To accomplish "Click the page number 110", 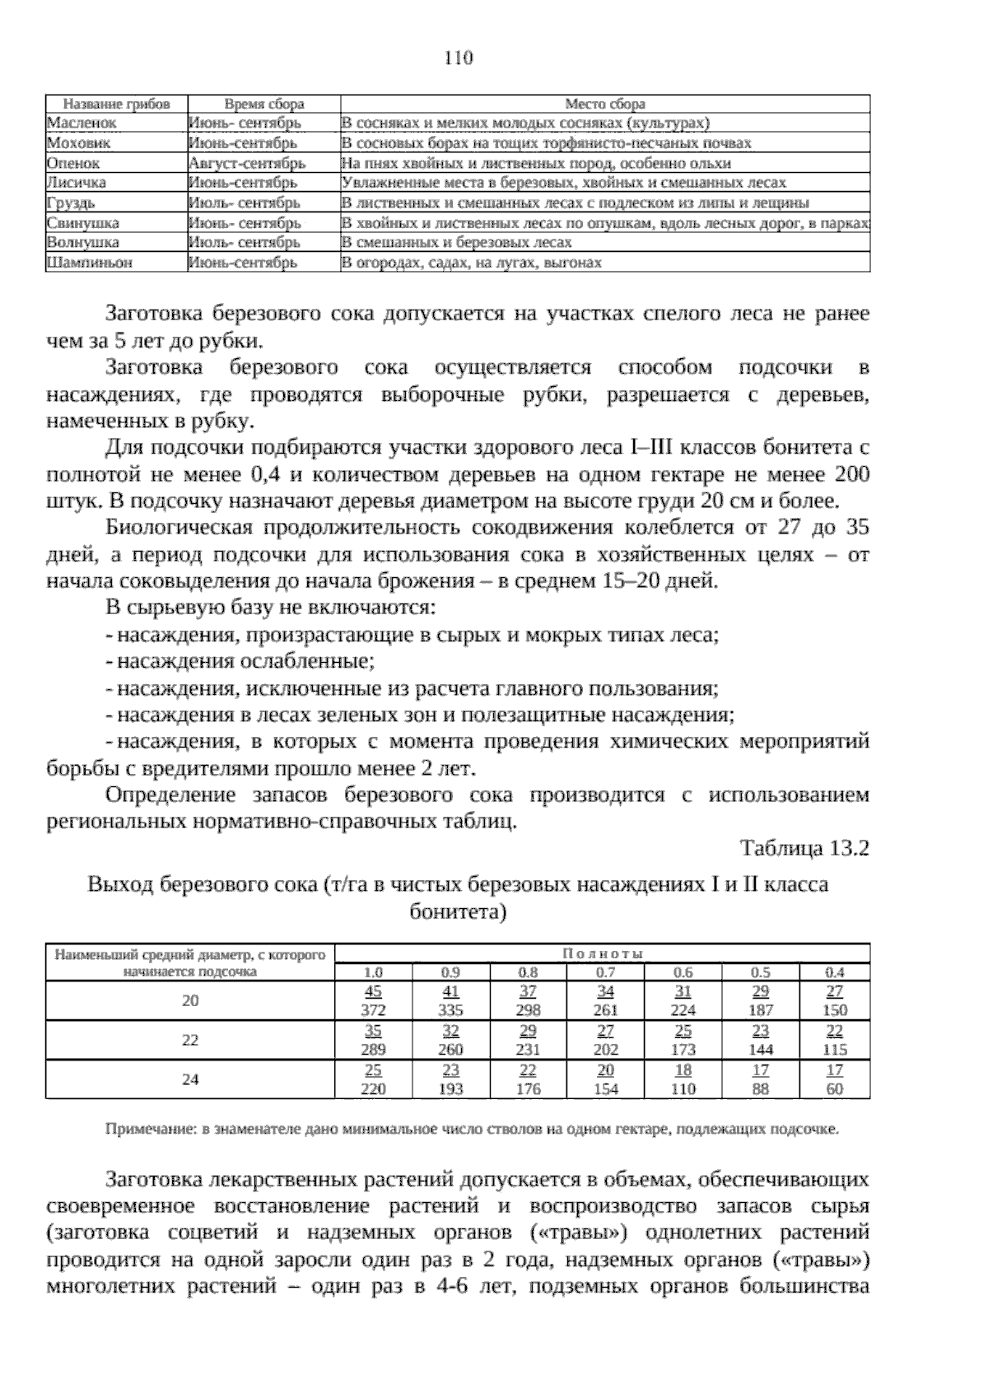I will tap(459, 58).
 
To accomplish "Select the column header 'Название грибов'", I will tap(117, 105).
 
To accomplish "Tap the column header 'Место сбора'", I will tap(605, 105).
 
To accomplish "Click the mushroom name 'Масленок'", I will tap(82, 123).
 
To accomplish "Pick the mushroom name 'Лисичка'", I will tap(77, 183).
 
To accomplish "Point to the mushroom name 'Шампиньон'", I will tap(90, 263).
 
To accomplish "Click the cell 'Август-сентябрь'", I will tap(247, 163).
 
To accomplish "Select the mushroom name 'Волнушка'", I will tap(83, 243).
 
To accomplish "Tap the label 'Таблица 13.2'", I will tap(804, 849).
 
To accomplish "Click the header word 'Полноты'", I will tap(603, 953).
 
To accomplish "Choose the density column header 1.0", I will tap(374, 972).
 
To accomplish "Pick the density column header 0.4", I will tap(835, 972).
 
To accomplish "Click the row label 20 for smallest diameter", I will tap(190, 1001).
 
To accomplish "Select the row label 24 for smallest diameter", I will tap(190, 1079).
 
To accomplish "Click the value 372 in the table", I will tap(374, 1010).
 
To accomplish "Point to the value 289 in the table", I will tap(374, 1050).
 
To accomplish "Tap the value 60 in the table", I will tap(835, 1089).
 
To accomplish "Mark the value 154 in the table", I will tap(605, 1089).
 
